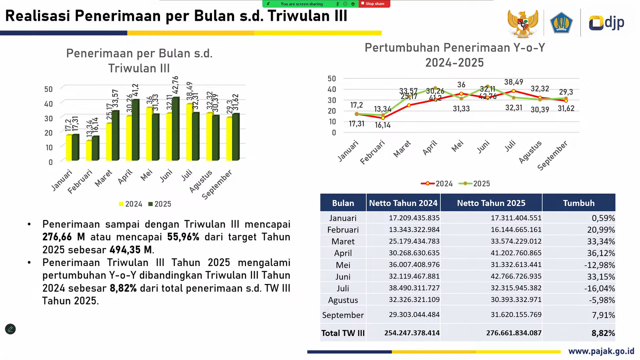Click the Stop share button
(374, 4)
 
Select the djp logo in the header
(606, 22)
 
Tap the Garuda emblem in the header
(522, 23)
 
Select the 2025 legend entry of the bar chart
(160, 204)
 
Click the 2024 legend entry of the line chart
(437, 184)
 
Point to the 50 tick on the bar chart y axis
(48, 89)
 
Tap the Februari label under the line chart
(372, 152)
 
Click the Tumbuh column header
(578, 203)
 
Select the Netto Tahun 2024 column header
(403, 203)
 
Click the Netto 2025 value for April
(516, 253)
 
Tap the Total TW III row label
(343, 333)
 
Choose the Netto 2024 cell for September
(414, 314)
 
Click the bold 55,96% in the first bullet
(183, 237)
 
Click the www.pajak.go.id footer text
(601, 351)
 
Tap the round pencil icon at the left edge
(10, 329)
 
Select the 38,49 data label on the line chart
(514, 82)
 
